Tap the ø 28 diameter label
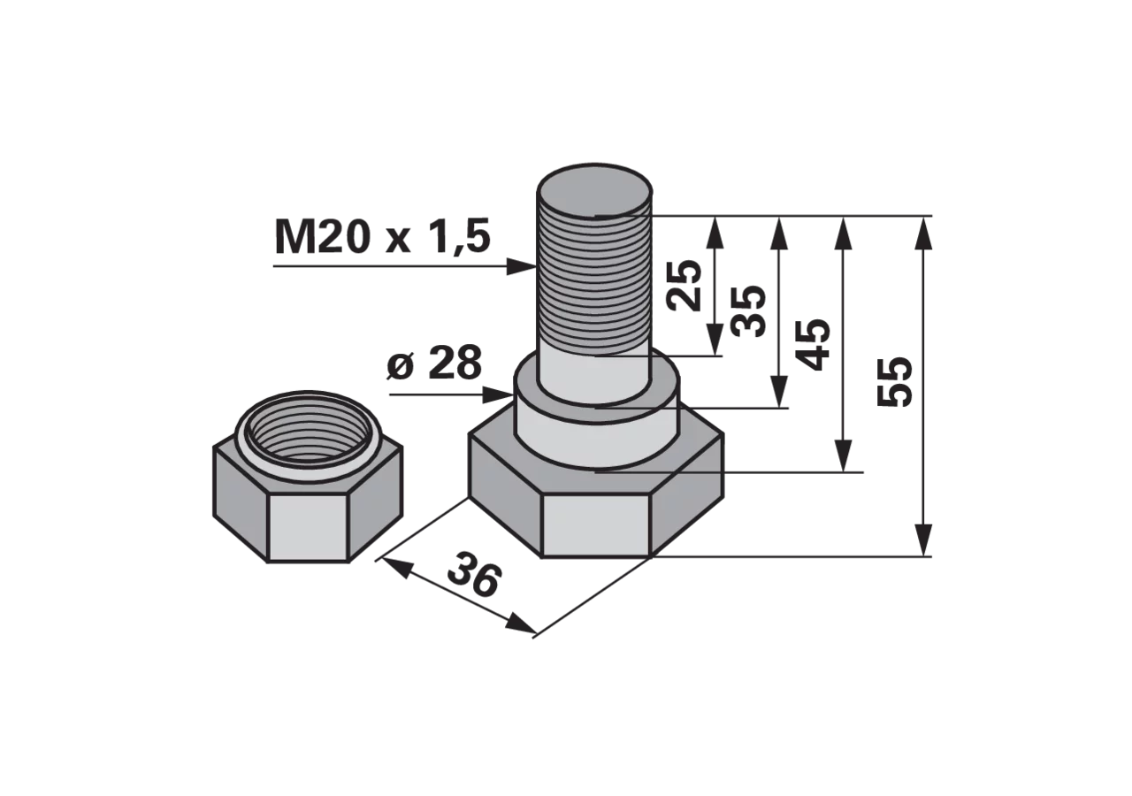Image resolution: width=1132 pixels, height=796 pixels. pyautogui.click(x=434, y=363)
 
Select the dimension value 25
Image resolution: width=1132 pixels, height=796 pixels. pyautogui.click(x=685, y=286)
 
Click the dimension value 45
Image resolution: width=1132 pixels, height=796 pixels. pyautogui.click(x=812, y=345)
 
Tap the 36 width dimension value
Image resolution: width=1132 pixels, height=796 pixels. pyautogui.click(x=475, y=576)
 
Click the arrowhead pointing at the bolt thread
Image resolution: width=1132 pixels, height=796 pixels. pyautogui.click(x=522, y=266)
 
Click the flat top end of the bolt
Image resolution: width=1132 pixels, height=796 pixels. pyautogui.click(x=594, y=191)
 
